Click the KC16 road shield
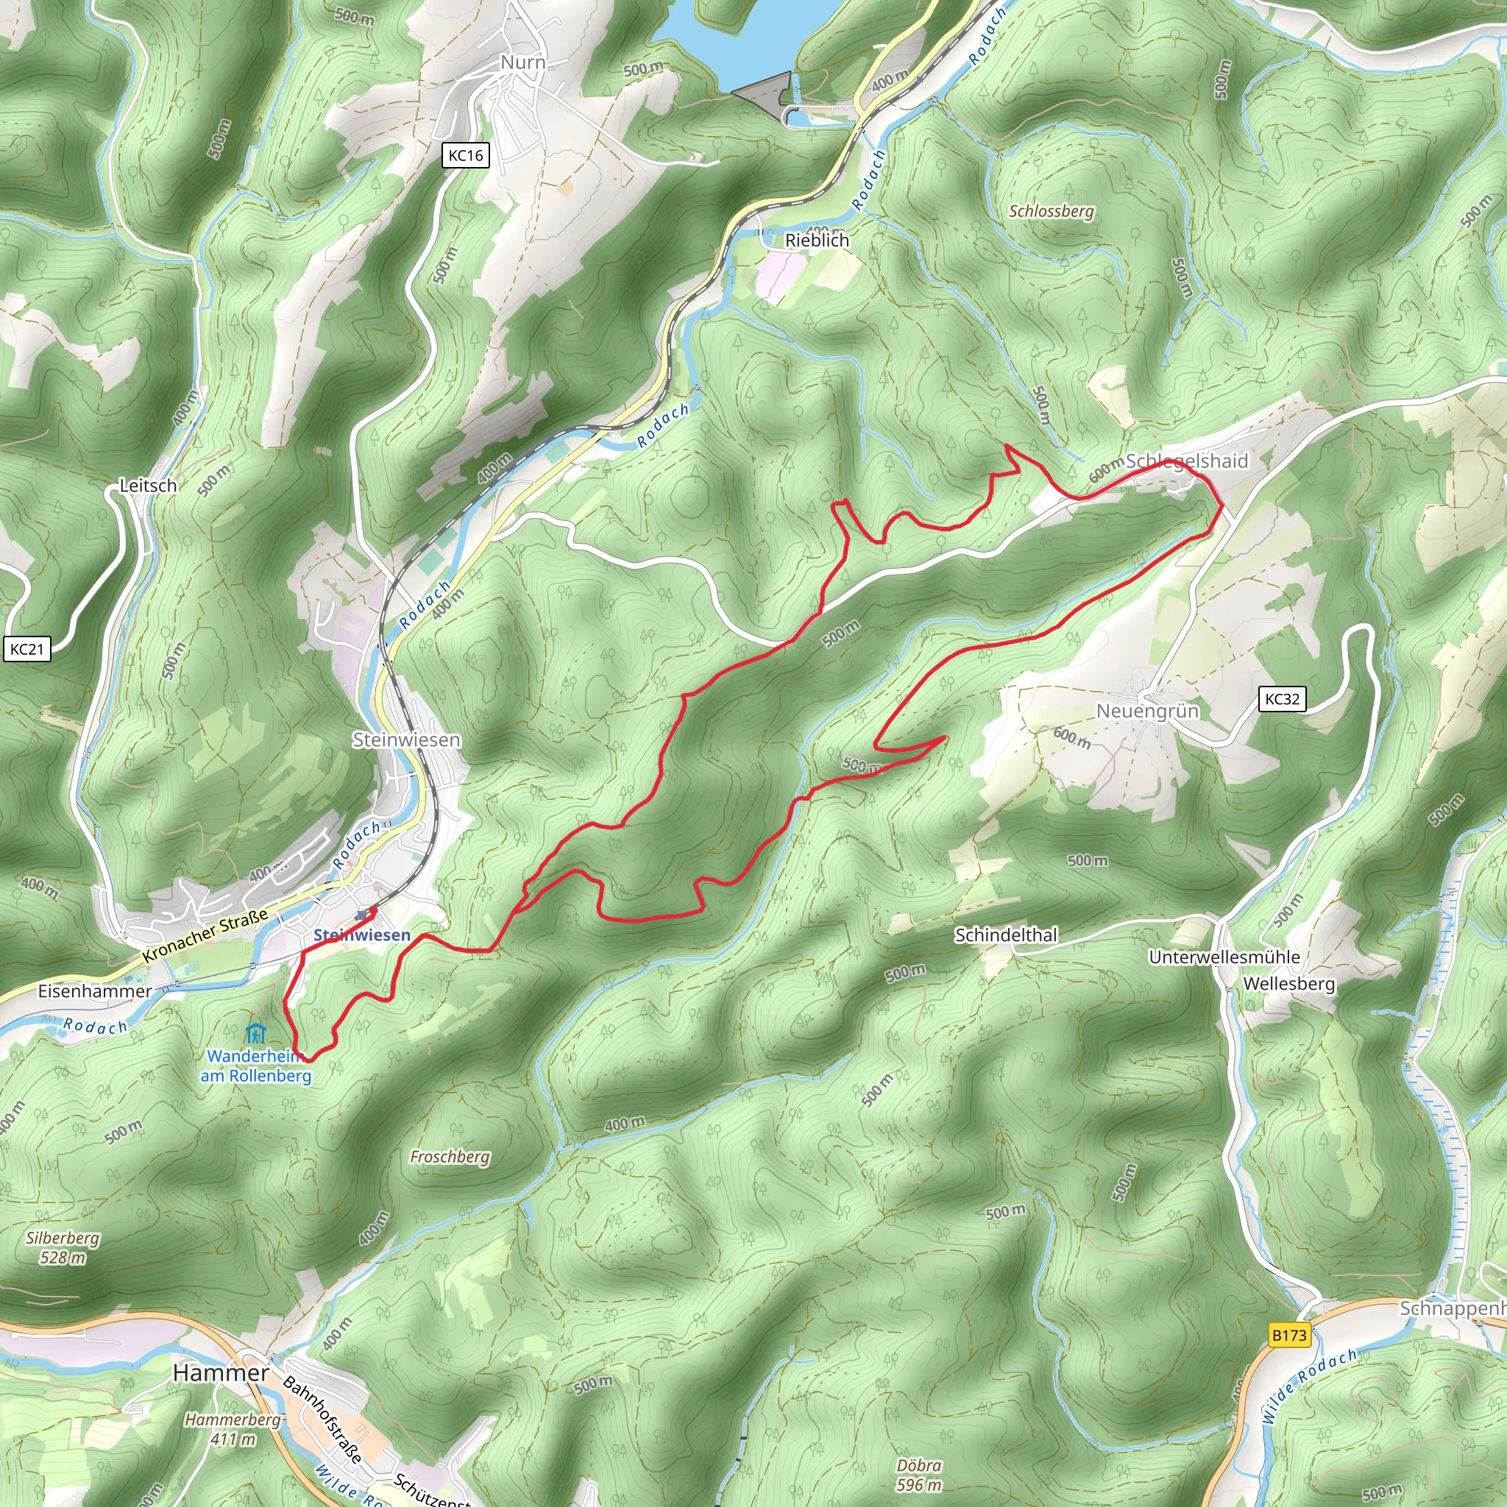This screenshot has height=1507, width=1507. pyautogui.click(x=466, y=155)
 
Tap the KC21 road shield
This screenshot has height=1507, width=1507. pyautogui.click(x=27, y=649)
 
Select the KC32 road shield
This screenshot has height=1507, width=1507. pyautogui.click(x=1282, y=699)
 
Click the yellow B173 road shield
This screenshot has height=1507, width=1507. pyautogui.click(x=1289, y=1335)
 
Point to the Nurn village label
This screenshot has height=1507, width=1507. pyautogui.click(x=522, y=63)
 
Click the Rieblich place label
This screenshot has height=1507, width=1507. pyautogui.click(x=817, y=240)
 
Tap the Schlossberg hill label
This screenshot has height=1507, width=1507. pyautogui.click(x=1052, y=211)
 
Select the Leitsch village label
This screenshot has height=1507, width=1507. pyautogui.click(x=148, y=485)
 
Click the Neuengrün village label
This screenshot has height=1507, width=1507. pyautogui.click(x=1147, y=711)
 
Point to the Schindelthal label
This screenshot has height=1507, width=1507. pyautogui.click(x=1006, y=935)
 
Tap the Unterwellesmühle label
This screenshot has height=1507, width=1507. pyautogui.click(x=1224, y=957)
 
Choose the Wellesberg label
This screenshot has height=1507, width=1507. pyautogui.click(x=1288, y=984)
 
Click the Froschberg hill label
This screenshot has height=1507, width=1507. pyautogui.click(x=450, y=1157)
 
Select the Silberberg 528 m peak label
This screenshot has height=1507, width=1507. pyautogui.click(x=63, y=1247)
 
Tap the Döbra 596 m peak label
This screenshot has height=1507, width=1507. pyautogui.click(x=919, y=1475)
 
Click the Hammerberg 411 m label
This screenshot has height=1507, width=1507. pyautogui.click(x=233, y=1429)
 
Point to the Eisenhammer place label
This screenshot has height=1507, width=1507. pyautogui.click(x=95, y=990)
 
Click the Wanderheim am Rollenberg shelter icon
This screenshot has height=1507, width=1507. pyautogui.click(x=255, y=1035)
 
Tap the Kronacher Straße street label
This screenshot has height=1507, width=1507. pyautogui.click(x=205, y=935)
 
